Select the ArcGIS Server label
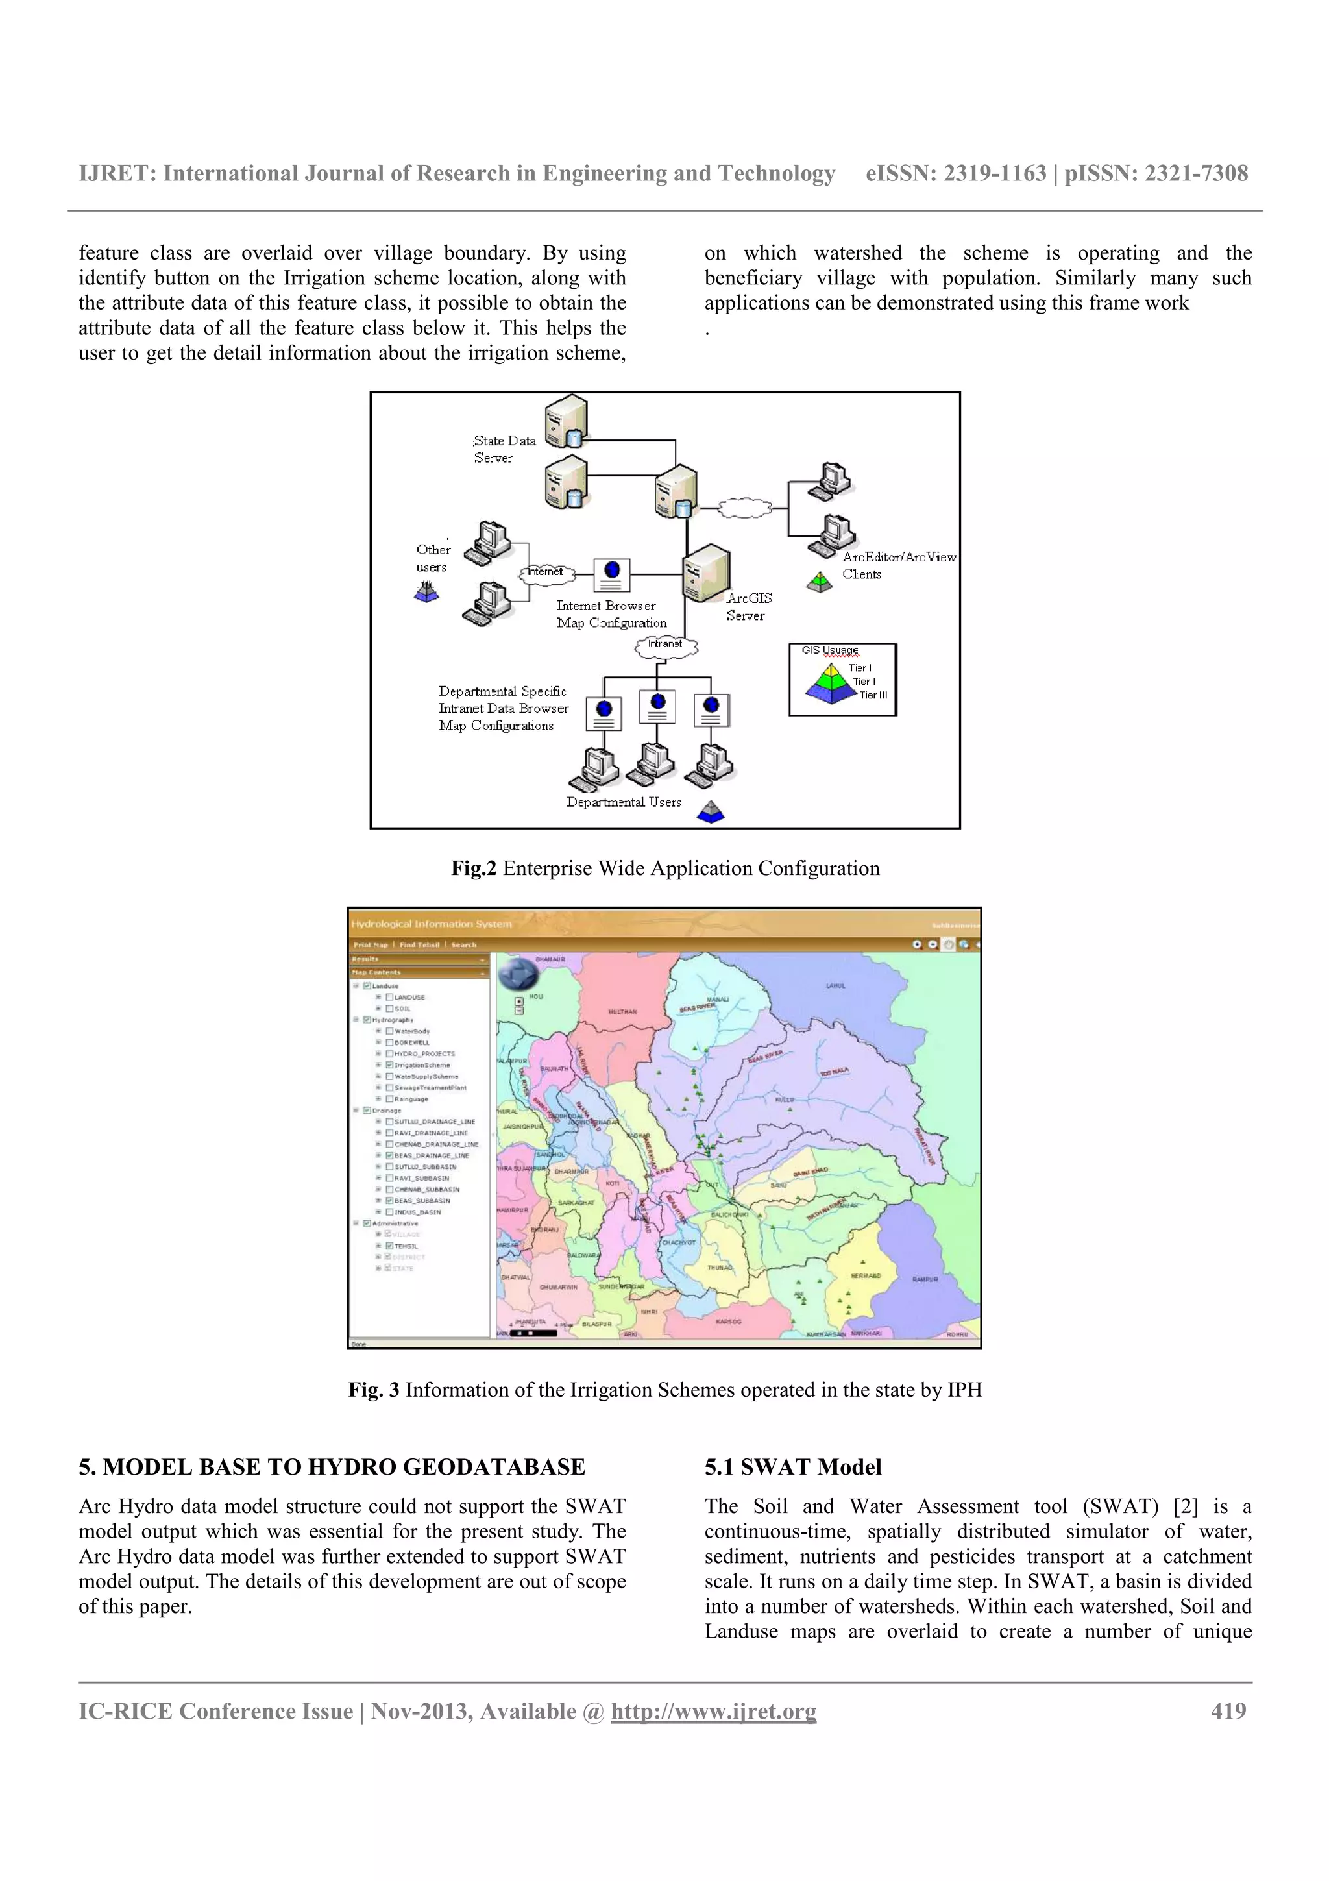click(x=748, y=606)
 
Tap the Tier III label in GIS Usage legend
click(x=873, y=695)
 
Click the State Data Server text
click(x=504, y=449)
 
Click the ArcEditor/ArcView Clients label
click(x=897, y=565)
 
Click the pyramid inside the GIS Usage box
click(x=831, y=684)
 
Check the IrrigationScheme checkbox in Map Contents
click(x=390, y=1065)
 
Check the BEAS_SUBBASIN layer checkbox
click(x=390, y=1200)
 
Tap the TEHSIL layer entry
click(x=406, y=1246)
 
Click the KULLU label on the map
click(x=784, y=1100)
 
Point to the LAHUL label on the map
click(x=835, y=985)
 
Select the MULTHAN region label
click(x=622, y=1012)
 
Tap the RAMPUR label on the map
click(x=925, y=1279)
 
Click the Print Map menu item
click(x=370, y=944)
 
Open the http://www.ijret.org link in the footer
click(x=713, y=1712)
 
